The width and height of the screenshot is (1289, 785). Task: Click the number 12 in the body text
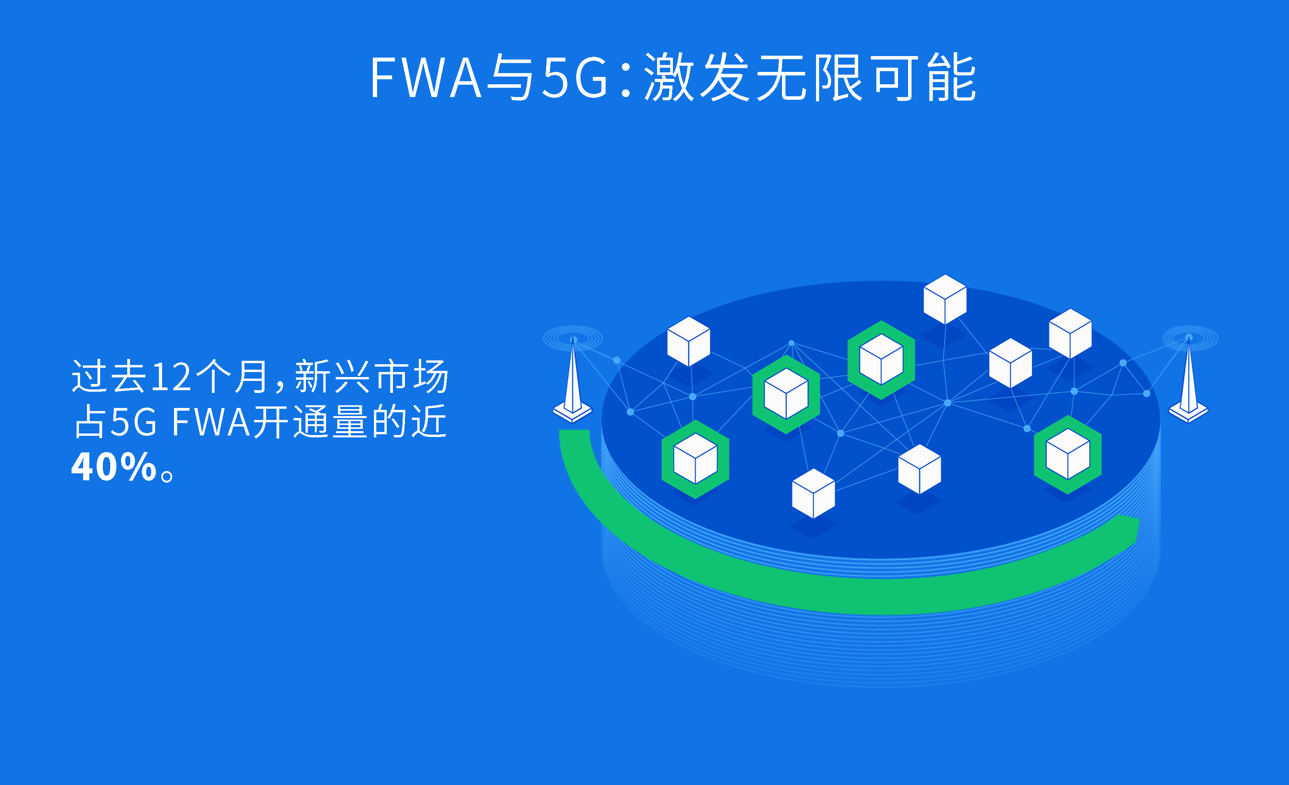(x=171, y=377)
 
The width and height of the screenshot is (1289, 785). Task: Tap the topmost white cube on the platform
(x=945, y=299)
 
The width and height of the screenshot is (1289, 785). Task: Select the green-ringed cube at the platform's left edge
(x=695, y=459)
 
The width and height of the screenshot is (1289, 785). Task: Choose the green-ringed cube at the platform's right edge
(x=1068, y=454)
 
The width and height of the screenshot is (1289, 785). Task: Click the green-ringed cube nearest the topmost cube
(x=881, y=360)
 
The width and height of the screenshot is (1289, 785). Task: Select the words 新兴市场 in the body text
(x=371, y=377)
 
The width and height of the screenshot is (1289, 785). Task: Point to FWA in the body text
(x=211, y=422)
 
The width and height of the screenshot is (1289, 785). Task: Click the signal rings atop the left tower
(x=573, y=338)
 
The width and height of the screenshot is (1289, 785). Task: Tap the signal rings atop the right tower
(x=1190, y=338)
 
